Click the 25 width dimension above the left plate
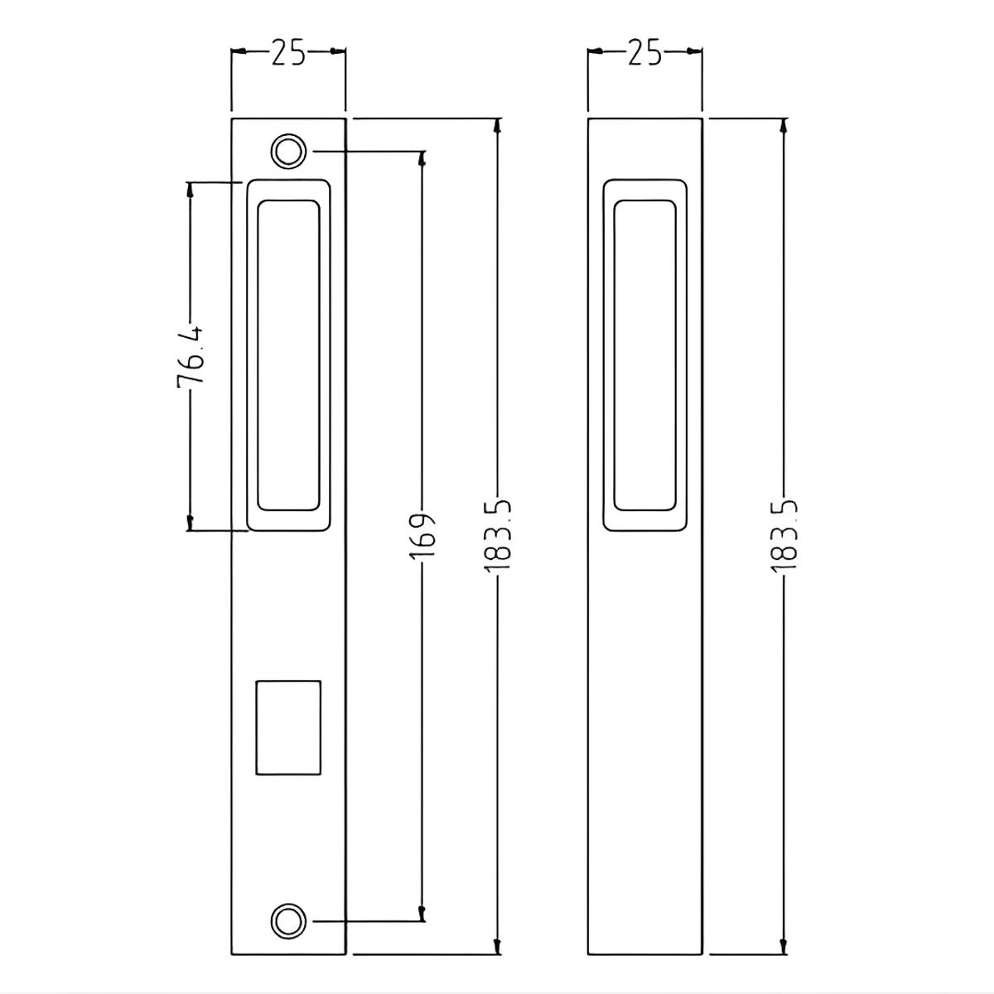click(x=288, y=53)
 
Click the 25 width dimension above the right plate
click(x=644, y=53)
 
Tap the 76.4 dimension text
click(x=191, y=356)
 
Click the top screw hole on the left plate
click(x=288, y=152)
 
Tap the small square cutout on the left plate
click(x=288, y=727)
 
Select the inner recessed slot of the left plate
click(x=288, y=355)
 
